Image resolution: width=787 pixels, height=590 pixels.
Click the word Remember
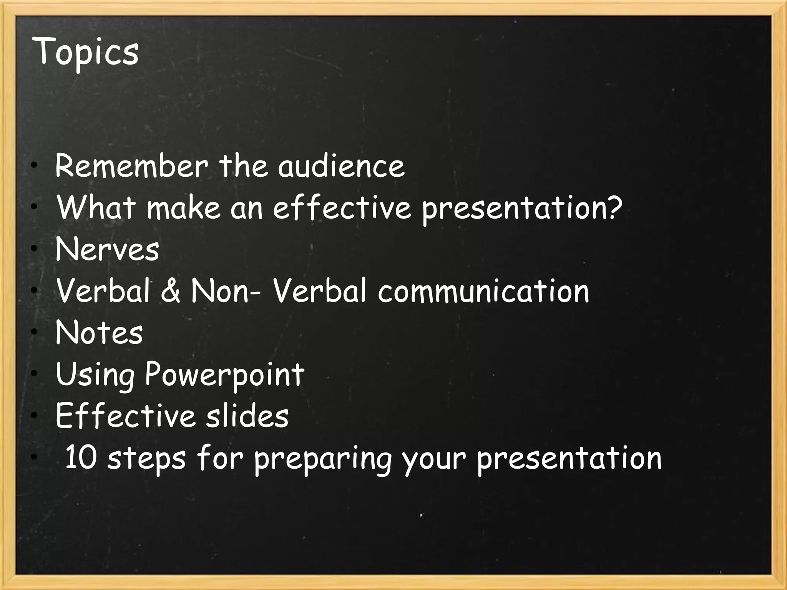click(131, 166)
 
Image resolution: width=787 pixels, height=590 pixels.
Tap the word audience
click(341, 166)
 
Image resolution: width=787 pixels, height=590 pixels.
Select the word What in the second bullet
click(96, 207)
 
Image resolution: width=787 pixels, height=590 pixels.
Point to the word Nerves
click(107, 249)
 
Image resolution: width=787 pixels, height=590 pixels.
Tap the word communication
click(483, 291)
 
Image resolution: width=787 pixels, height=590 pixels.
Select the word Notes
click(99, 333)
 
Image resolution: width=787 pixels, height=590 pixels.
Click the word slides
click(247, 416)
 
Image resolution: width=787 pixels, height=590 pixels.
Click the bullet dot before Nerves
click(35, 249)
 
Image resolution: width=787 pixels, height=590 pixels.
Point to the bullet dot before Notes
click(35, 332)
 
